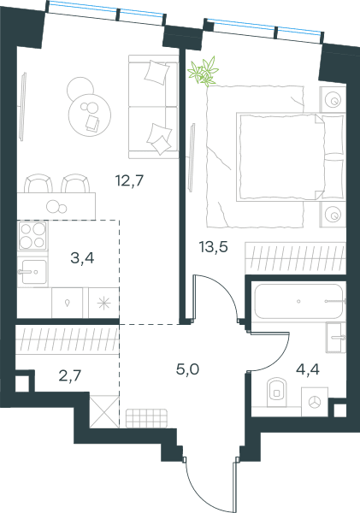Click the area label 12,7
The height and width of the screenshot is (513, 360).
coord(130,180)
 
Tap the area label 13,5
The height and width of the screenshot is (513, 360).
coord(214,247)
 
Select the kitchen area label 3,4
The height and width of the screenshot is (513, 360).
coord(82,258)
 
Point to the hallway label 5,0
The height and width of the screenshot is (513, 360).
coord(187,369)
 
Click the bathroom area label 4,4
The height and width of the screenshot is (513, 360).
coord(308,369)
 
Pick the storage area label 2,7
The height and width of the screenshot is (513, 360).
coord(70,376)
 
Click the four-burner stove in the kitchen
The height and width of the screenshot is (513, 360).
coord(32,236)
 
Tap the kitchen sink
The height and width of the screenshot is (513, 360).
coord(33,272)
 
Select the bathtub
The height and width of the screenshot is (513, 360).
coord(298,301)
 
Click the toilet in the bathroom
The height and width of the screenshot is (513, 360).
coord(276,392)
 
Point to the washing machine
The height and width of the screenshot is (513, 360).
coord(315,402)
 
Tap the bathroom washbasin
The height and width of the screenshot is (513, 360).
coord(336,338)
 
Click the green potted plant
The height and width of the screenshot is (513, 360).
coord(204,72)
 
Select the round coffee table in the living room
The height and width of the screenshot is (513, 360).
coord(89,115)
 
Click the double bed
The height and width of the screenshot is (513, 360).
coord(291,156)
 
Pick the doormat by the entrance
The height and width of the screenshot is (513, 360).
coord(146,418)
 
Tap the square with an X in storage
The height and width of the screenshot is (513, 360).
coord(104,411)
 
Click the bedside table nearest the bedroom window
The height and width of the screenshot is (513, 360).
coord(333,100)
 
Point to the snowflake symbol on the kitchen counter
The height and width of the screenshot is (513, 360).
coord(103,303)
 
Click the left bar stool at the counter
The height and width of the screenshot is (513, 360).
coord(38,184)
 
